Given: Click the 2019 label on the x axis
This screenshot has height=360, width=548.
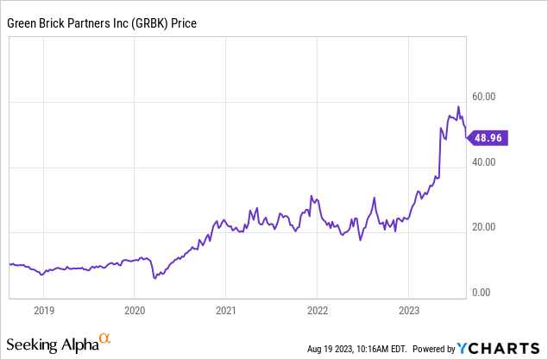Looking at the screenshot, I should click(44, 308).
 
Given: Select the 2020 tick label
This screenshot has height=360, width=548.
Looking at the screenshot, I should click(135, 308).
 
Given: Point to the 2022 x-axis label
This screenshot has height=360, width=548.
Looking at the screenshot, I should click(318, 308).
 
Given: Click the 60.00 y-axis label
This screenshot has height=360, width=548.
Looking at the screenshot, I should click(483, 97).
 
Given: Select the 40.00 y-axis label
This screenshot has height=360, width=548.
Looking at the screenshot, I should click(483, 162).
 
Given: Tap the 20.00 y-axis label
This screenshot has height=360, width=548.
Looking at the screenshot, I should click(483, 228).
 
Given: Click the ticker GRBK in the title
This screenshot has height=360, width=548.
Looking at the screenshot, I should click(147, 23).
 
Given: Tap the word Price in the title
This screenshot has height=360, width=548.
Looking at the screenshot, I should click(183, 23).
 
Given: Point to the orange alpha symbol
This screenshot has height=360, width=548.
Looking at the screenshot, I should click(105, 339).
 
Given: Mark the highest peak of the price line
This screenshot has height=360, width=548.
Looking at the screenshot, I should click(458, 107).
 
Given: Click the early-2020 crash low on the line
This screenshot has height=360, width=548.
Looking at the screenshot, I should click(154, 278).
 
